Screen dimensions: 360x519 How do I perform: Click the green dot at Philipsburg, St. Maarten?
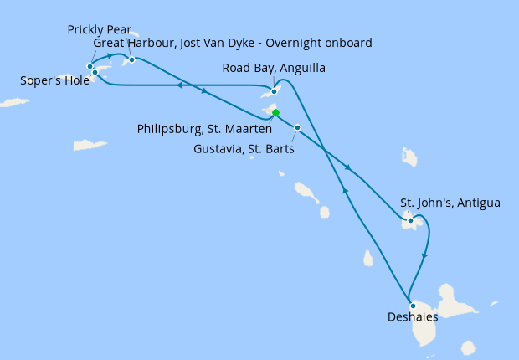click(275, 113)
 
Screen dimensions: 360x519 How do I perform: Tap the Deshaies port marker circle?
click(413, 305)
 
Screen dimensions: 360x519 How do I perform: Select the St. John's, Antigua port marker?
click(410, 221)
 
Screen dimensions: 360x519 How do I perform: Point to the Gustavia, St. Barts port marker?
click(297, 127)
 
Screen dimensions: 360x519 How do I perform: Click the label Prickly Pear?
click(99, 30)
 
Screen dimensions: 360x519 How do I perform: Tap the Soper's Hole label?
click(54, 81)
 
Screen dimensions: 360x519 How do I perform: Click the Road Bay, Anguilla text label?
click(274, 68)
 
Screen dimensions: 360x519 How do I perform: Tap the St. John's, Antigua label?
click(450, 203)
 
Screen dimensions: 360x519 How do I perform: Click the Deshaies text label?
click(413, 317)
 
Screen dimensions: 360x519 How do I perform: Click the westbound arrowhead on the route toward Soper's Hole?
click(179, 85)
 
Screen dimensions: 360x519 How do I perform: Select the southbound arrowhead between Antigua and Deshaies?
click(426, 256)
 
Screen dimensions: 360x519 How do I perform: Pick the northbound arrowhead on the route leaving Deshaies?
click(344, 193)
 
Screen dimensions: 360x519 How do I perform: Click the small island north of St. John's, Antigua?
click(409, 157)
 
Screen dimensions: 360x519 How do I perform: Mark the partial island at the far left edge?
click(13, 103)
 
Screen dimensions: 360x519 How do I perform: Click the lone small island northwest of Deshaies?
click(368, 259)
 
